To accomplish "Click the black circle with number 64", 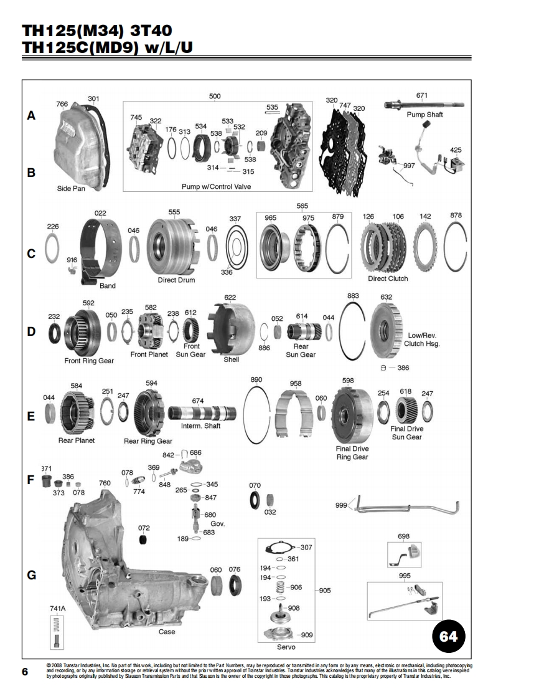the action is coord(448,636).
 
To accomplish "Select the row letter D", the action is coord(31,331).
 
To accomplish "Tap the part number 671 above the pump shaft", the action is coord(422,95).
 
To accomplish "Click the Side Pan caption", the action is coord(71,188).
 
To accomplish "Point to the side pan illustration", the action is coord(80,143).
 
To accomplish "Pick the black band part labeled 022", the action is coord(101,249).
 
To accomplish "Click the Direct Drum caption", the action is coord(176,280).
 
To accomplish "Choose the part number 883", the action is coord(353,295).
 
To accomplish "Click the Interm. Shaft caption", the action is coord(200,426).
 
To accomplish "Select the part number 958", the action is coord(296,384).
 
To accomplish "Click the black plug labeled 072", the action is coord(144,539).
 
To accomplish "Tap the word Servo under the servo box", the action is coord(286,647).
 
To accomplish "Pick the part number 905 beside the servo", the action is coord(325,591).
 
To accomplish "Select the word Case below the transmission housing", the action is coord(167,632).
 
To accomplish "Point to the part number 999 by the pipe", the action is coord(341,506).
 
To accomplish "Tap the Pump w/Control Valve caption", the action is coord(216,187).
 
